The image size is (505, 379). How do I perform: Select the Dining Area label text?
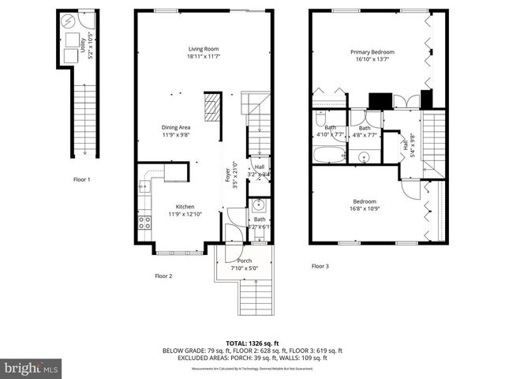[176, 131]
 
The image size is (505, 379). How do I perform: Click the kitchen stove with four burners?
[145, 222]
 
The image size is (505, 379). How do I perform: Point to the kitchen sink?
[144, 187]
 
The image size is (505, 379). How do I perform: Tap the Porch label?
[244, 264]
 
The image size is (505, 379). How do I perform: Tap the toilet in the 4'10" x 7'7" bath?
[320, 119]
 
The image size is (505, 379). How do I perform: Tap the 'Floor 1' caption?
[81, 179]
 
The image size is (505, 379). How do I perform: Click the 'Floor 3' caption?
[320, 266]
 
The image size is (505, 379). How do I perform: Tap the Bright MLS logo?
[31, 368]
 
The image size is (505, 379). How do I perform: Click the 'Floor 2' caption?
[163, 276]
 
